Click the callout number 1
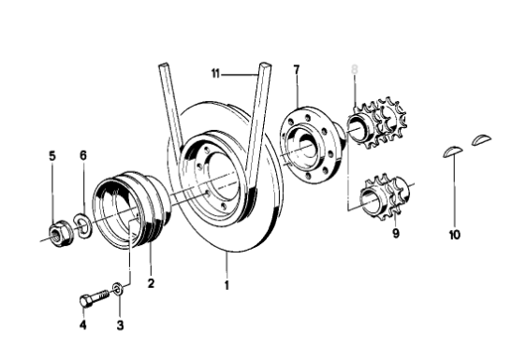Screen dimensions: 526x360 226,285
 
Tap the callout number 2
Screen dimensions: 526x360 151,283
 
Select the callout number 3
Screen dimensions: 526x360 120,324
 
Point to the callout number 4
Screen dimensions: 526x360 83,324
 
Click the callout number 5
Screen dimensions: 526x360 52,156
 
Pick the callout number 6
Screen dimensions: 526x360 83,155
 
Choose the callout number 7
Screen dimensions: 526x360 296,70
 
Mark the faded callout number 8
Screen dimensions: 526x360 355,69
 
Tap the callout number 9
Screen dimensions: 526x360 396,233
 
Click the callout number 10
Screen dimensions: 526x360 455,235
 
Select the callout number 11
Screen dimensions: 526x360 215,73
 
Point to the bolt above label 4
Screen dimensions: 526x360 95,297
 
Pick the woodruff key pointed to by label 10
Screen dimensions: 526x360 453,151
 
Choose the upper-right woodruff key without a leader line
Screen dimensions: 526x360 482,139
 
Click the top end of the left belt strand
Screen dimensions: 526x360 163,64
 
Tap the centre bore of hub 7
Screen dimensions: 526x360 306,145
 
